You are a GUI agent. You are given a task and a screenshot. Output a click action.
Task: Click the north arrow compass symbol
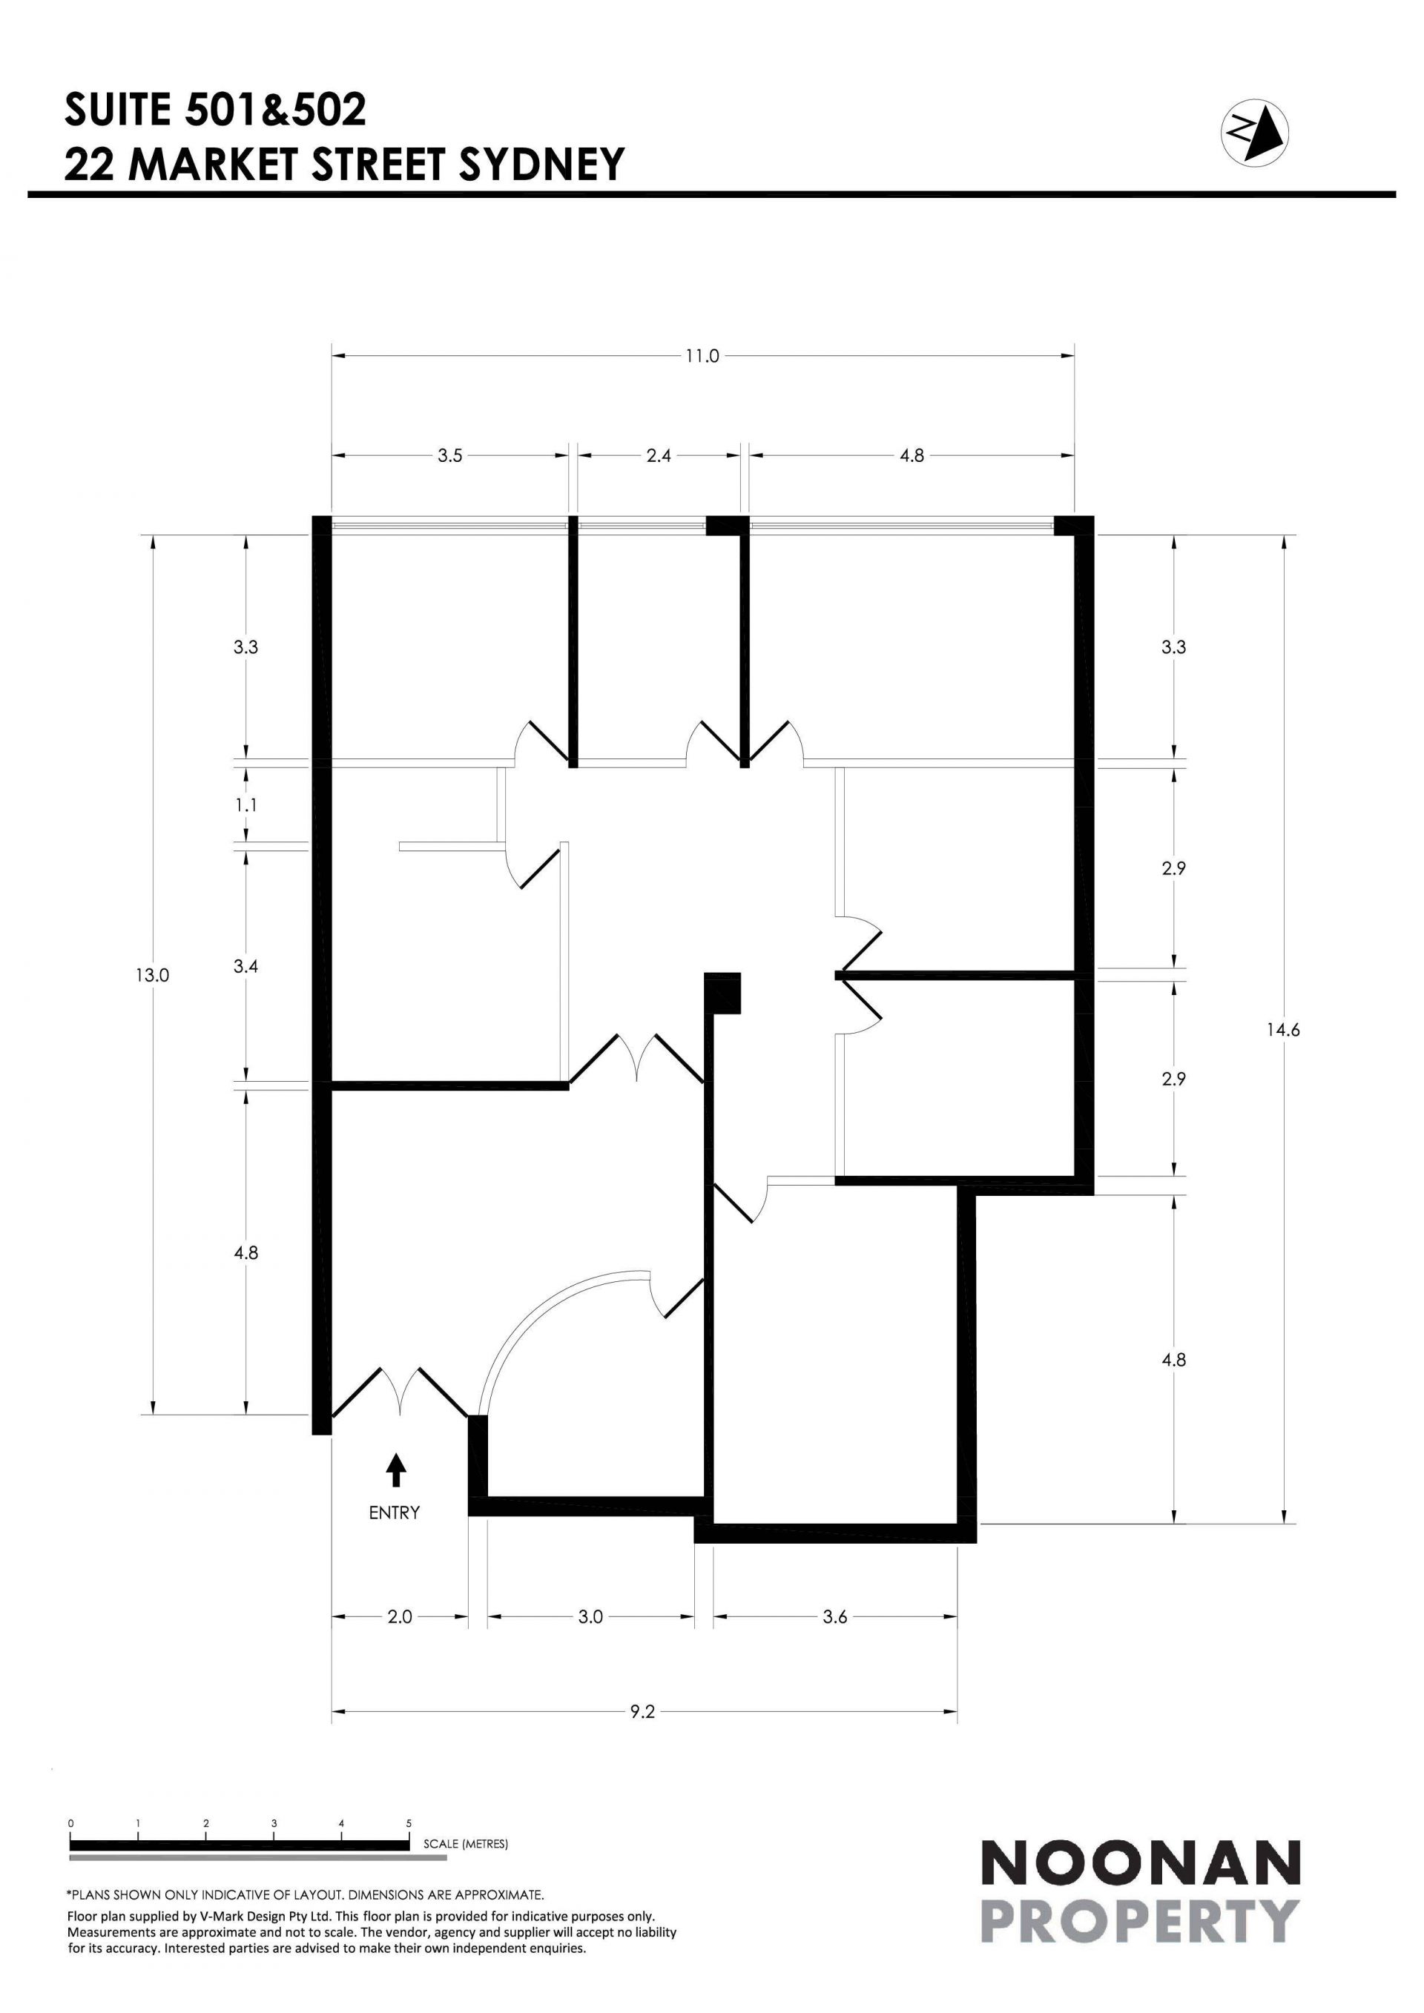coord(1255,130)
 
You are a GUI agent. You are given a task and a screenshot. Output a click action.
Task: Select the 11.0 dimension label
coord(702,356)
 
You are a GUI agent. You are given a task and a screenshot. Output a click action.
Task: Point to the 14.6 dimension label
coord(1283,1030)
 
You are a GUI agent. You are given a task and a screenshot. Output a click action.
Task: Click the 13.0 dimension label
coord(152,975)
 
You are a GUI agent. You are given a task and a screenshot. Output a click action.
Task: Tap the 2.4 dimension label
coord(659,456)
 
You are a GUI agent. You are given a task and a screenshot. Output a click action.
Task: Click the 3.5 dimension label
coord(450,456)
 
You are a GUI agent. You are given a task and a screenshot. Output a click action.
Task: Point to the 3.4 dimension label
coord(246,967)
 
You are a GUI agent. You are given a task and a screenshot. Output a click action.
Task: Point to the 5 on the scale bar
coord(409,1824)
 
